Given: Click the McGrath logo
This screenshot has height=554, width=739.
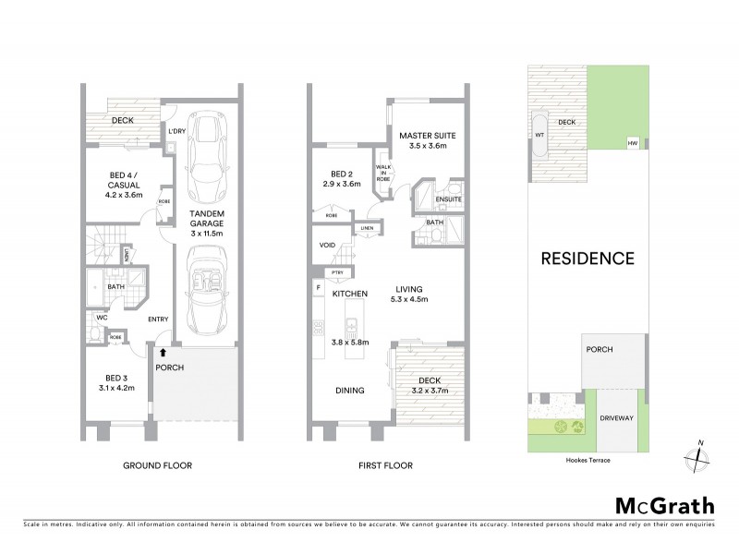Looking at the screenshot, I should (x=665, y=505).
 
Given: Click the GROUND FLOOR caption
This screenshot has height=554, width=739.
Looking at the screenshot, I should (x=158, y=465).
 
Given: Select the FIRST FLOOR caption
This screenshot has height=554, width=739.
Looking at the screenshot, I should (x=386, y=465).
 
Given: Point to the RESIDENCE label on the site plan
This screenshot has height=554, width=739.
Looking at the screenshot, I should (x=588, y=259).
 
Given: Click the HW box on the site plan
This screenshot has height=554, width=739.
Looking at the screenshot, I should (x=633, y=143).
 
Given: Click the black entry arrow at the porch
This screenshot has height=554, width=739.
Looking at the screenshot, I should (x=163, y=352).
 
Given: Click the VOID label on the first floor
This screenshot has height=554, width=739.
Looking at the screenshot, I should (x=327, y=246).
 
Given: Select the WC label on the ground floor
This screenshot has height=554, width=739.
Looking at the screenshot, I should (x=101, y=317).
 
